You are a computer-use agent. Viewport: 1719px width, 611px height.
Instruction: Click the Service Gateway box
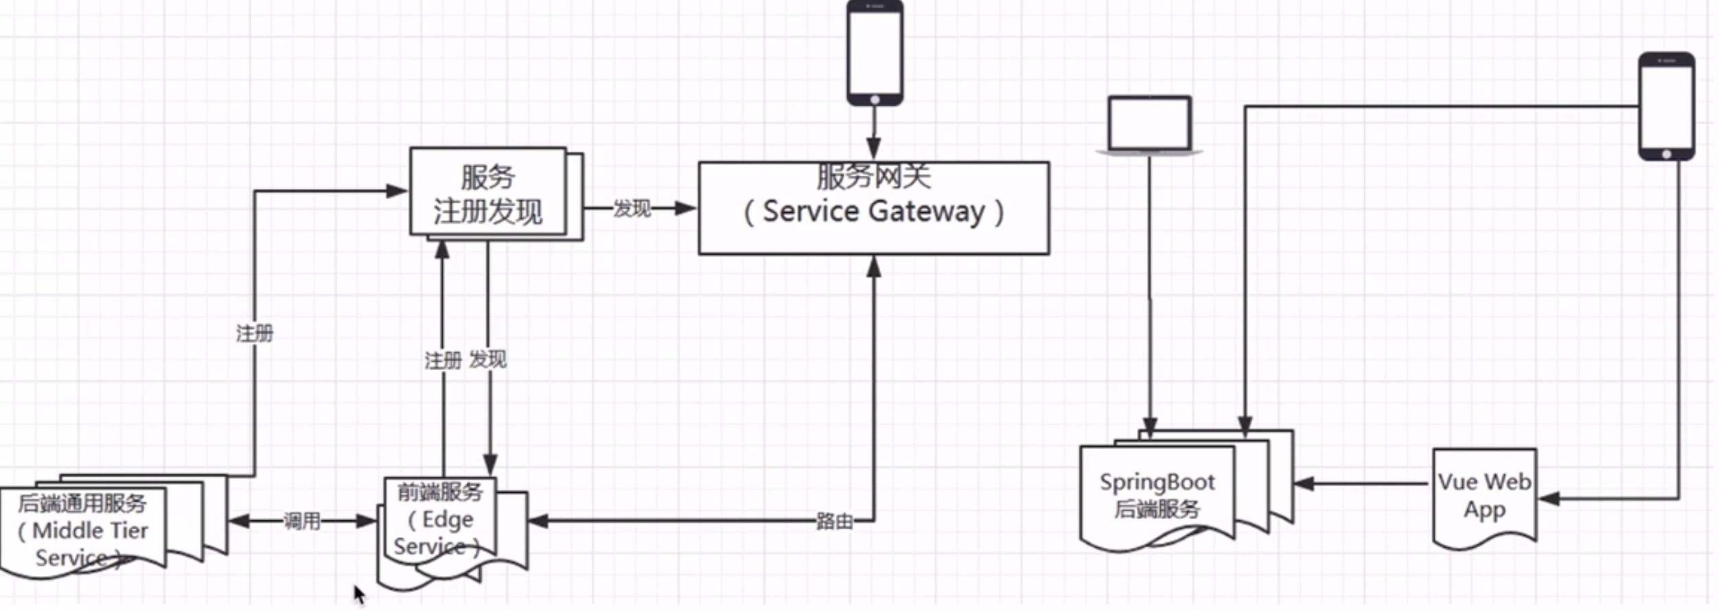click(873, 209)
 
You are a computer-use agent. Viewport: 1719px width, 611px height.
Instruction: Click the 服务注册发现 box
click(488, 193)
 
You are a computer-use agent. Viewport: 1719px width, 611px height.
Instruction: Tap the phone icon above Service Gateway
click(875, 52)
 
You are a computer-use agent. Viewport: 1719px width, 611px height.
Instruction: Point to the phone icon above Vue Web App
click(1666, 106)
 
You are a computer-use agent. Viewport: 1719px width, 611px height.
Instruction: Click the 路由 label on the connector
click(834, 521)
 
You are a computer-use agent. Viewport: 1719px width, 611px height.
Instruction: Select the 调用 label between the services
click(302, 521)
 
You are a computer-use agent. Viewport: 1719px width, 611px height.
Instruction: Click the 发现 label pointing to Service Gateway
click(632, 208)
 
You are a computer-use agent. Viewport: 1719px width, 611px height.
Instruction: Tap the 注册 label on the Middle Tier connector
click(255, 334)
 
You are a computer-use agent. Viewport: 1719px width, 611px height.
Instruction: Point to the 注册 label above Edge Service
click(443, 360)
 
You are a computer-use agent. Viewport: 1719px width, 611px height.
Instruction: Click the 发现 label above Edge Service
click(488, 359)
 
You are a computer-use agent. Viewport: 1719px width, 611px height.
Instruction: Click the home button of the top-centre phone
click(875, 100)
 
